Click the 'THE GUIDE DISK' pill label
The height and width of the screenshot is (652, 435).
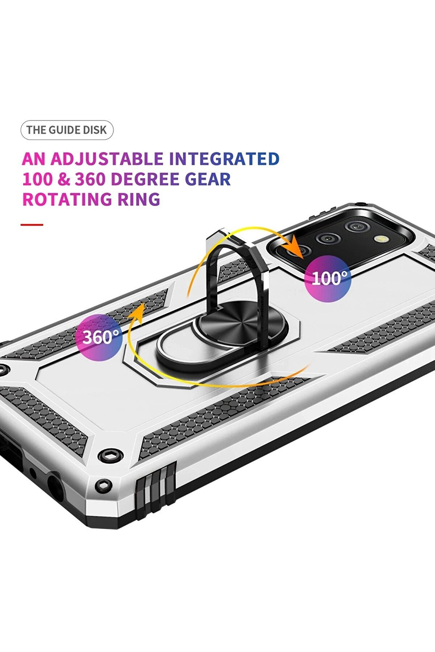pos(67,130)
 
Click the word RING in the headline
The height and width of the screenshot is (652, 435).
pos(139,199)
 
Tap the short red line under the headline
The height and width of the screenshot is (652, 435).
pos(32,225)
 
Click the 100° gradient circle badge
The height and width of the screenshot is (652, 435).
pos(327,278)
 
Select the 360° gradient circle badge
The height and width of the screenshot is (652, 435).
pos(99,338)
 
